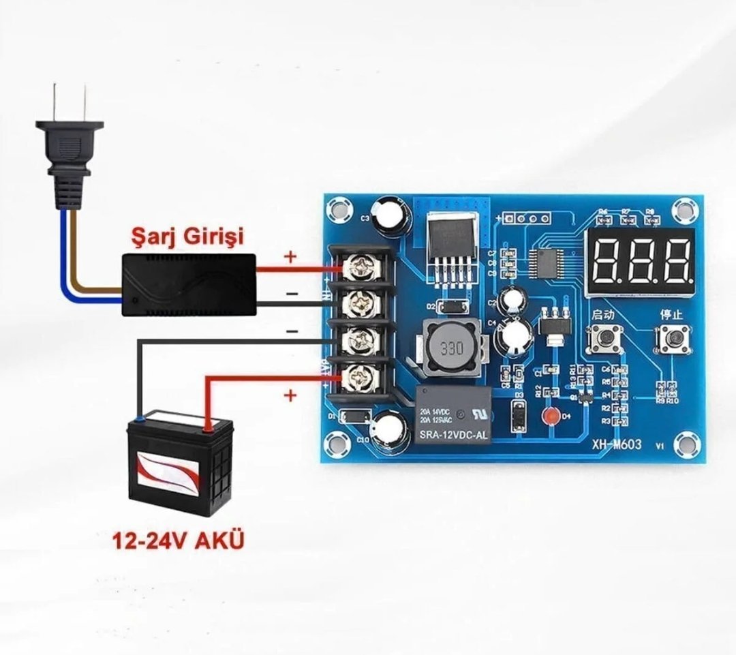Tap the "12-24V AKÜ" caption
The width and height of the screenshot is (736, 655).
(x=178, y=542)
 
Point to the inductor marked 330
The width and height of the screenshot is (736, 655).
(x=450, y=348)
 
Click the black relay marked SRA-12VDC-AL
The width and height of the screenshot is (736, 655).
(x=453, y=415)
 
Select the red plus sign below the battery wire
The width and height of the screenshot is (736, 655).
(x=291, y=395)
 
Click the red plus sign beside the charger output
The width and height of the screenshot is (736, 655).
(x=291, y=257)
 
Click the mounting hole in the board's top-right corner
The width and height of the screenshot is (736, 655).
(x=684, y=207)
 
